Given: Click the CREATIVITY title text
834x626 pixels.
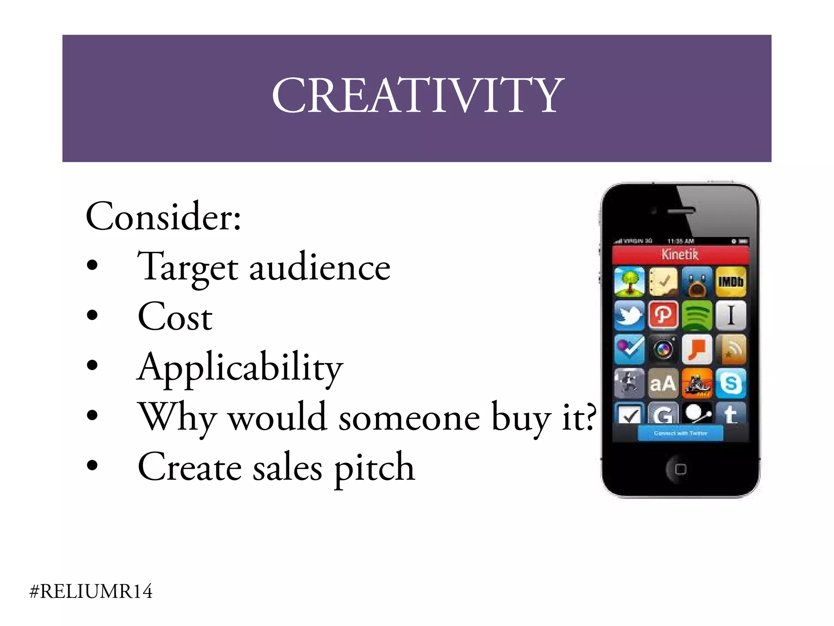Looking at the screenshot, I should pos(418,96).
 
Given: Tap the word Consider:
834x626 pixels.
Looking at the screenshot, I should pos(163,216).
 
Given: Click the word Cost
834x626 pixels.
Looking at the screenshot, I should pos(175,317).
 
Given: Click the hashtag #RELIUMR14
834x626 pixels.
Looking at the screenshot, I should pos(91,591).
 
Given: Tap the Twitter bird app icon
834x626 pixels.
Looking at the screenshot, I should pos(629,315).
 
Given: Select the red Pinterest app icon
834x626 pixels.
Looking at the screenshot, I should pos(663,315).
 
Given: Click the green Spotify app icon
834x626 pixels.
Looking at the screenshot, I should pos(697,315).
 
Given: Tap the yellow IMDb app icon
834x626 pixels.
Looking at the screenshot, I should pos(731,282).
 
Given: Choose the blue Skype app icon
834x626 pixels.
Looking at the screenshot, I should pos(731,383).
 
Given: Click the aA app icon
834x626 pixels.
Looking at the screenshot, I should pos(663,383).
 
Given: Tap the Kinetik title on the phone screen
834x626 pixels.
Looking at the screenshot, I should pos(680,255).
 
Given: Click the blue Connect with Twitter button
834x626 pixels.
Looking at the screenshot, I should pos(680,433).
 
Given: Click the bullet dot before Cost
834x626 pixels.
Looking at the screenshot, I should pos(92,315).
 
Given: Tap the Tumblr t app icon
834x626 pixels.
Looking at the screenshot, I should pos(731,414).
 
